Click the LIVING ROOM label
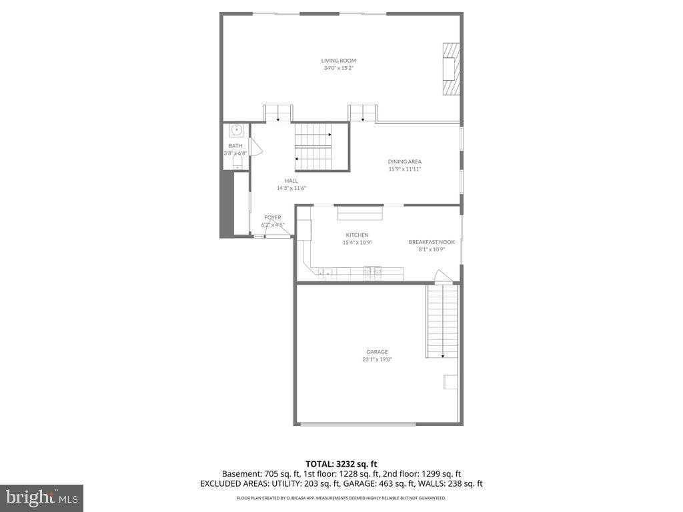[338, 61]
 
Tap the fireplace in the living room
[451, 70]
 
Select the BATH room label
[235, 145]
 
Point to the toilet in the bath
[236, 162]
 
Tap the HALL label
[291, 181]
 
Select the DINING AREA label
[405, 161]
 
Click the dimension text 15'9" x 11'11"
[405, 169]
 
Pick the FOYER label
[272, 217]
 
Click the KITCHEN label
[357, 235]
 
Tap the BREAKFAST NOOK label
[432, 242]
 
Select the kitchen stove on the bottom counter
[372, 271]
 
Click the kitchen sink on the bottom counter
[326, 272]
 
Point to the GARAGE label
[376, 352]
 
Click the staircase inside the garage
[442, 320]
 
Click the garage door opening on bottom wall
[358, 424]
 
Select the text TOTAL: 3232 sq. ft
[341, 463]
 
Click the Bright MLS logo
[41, 497]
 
